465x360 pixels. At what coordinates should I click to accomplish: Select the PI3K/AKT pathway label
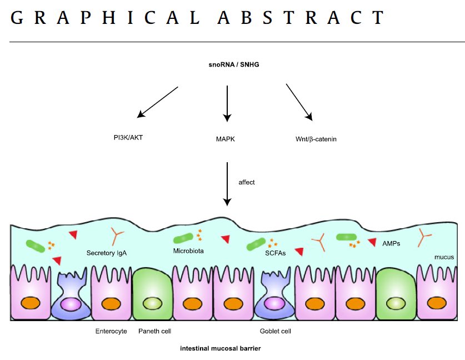click(x=128, y=136)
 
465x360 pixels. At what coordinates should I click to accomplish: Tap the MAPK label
click(x=226, y=139)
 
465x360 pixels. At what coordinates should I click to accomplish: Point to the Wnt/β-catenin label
click(x=316, y=139)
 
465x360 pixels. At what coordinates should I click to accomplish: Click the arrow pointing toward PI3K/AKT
click(x=158, y=102)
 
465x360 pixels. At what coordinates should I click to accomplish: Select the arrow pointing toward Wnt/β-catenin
click(x=299, y=102)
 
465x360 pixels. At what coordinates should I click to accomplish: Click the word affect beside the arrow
click(x=247, y=182)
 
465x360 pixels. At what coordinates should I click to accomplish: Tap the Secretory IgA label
click(x=107, y=253)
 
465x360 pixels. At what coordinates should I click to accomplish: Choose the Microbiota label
click(x=188, y=251)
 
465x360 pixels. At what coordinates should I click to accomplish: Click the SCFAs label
click(x=275, y=253)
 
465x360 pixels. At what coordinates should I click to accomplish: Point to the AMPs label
click(x=391, y=243)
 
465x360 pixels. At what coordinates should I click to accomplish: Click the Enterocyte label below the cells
click(x=111, y=331)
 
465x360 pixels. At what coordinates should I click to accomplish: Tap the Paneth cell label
click(x=154, y=331)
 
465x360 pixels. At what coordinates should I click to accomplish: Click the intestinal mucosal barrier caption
click(x=220, y=349)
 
